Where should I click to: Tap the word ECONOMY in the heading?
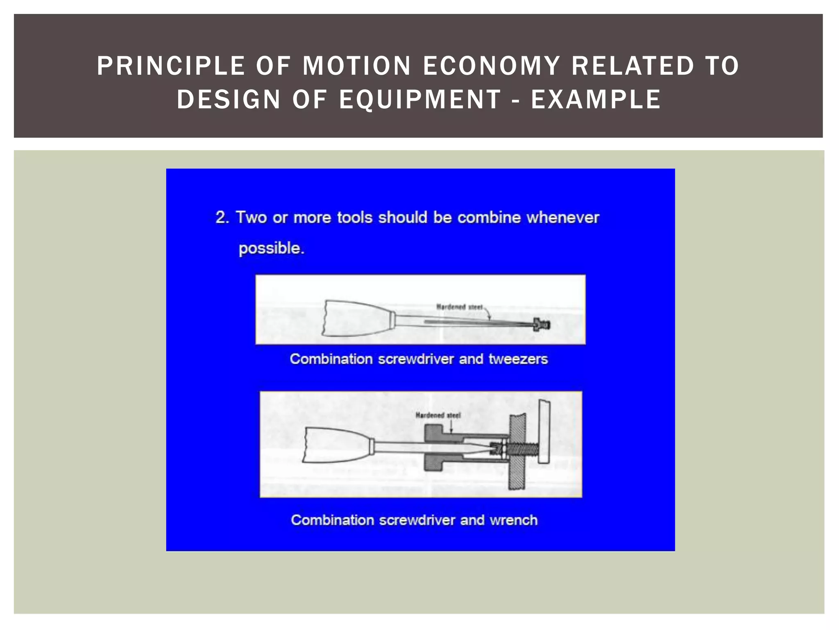(491, 66)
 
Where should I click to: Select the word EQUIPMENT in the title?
(420, 100)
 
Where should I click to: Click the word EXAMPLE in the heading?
(596, 100)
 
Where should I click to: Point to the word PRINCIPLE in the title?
(171, 66)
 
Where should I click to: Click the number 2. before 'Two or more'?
(222, 217)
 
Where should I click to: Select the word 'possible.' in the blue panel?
(271, 248)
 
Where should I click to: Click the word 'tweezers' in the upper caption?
(518, 359)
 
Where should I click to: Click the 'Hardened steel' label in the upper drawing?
(459, 307)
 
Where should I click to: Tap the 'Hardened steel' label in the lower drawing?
(438, 415)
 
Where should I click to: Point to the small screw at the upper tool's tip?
(542, 324)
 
